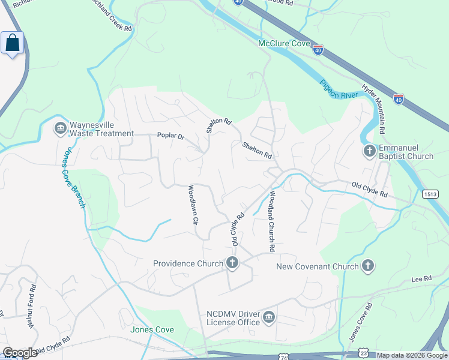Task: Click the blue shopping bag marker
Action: (x=12, y=43)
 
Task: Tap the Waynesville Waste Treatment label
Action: (x=101, y=129)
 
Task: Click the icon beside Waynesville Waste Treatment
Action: (x=60, y=128)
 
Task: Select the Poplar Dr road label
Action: (x=170, y=136)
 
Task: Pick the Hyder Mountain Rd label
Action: (x=373, y=109)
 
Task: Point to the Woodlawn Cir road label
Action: (x=193, y=204)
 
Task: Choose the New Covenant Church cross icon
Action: (x=368, y=266)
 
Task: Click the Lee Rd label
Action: (x=422, y=279)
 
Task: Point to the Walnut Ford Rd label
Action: (x=32, y=307)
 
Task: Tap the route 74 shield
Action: (x=283, y=356)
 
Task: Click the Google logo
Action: (x=20, y=353)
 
